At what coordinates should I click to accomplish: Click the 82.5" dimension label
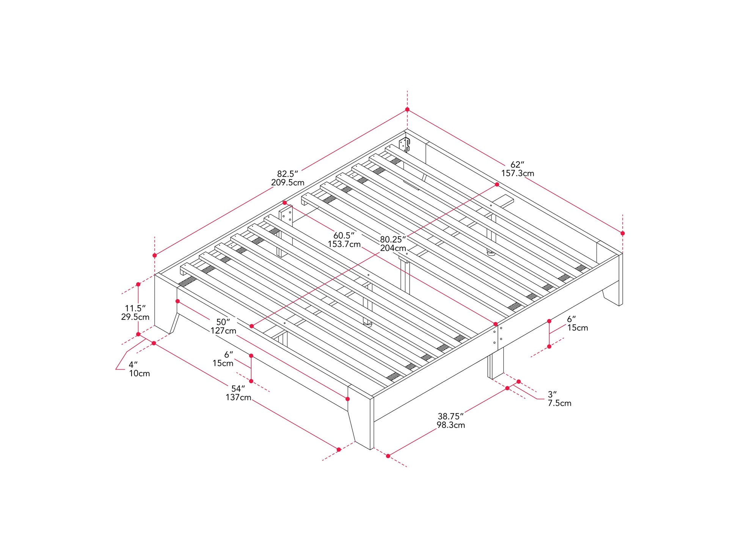tap(287, 174)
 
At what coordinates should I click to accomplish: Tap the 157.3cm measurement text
tap(518, 173)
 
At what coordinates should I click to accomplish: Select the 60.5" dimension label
tap(344, 235)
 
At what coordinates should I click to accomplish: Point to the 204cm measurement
tap(393, 248)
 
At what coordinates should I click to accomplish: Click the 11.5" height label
tap(135, 308)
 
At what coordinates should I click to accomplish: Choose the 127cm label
tap(223, 331)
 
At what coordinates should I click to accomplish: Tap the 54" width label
tap(238, 389)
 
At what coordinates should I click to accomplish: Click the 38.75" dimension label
tap(451, 416)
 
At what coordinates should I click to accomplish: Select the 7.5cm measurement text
tap(559, 403)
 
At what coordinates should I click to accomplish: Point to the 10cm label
tap(140, 373)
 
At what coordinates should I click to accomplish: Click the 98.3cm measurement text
tap(451, 425)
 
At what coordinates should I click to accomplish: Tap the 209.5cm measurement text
tap(287, 183)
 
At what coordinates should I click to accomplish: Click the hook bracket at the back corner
tap(405, 145)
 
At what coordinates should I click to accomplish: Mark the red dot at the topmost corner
tap(407, 109)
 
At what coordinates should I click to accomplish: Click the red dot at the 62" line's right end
tap(623, 233)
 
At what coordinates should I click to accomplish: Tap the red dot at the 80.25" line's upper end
tap(497, 184)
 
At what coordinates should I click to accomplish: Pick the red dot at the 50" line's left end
tap(177, 301)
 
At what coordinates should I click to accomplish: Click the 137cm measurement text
tap(238, 397)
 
